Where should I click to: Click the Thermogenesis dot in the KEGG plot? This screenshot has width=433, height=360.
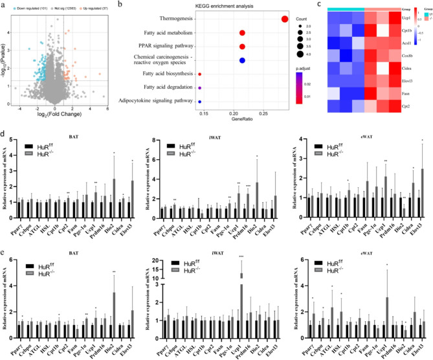coord(284,18)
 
